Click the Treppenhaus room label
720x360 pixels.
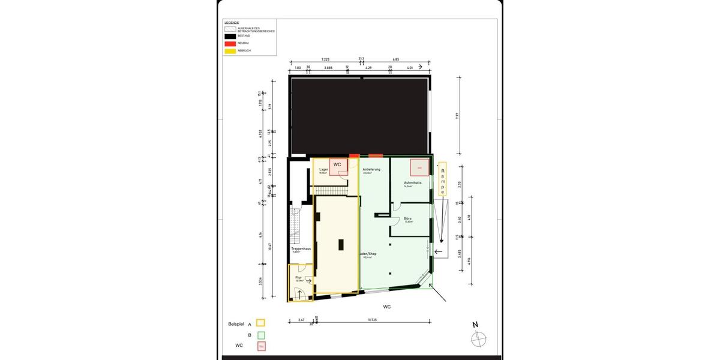[300, 248]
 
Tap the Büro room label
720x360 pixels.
[407, 218]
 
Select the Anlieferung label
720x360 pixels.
[371, 170]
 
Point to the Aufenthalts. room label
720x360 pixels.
[413, 182]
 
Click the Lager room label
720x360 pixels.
[323, 170]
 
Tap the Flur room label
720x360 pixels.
[298, 277]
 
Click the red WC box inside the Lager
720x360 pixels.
[338, 166]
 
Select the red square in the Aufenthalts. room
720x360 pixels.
[419, 167]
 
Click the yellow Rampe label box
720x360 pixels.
[443, 179]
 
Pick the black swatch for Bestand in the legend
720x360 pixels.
[230, 36]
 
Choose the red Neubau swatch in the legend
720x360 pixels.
[230, 43]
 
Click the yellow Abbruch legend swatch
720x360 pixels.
[230, 51]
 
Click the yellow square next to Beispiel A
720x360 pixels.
[260, 323]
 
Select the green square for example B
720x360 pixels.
[260, 335]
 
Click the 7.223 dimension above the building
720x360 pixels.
[326, 59]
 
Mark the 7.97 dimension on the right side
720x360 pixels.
[457, 116]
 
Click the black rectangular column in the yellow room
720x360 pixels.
[341, 245]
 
